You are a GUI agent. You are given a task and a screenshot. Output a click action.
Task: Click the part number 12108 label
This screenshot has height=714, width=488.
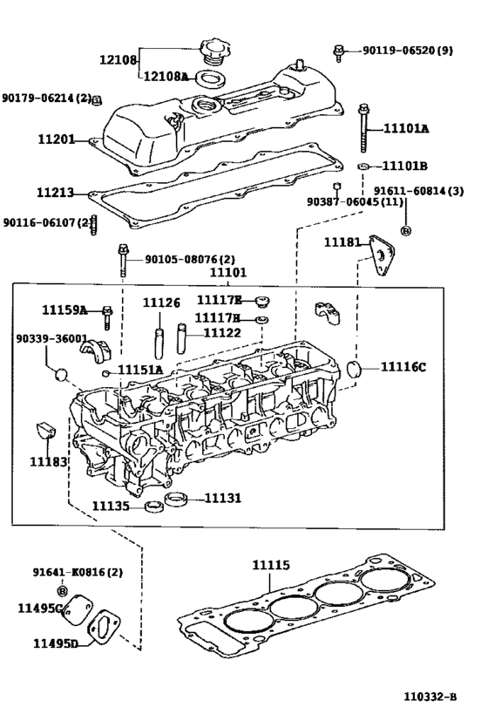coord(119,60)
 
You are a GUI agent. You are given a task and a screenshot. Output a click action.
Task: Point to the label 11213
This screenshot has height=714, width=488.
coord(56,193)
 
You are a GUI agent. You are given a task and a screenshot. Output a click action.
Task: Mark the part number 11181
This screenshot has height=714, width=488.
coord(342,241)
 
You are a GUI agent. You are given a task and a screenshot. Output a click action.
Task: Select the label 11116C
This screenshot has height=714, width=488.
coord(403,366)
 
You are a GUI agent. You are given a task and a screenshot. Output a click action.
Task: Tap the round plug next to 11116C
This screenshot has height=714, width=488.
coord(356,369)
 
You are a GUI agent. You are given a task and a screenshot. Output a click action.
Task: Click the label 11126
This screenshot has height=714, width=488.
coord(161,303)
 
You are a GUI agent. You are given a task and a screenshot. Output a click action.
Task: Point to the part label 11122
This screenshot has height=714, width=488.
coord(222,332)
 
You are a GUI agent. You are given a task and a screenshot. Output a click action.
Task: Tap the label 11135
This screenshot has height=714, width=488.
coord(111,506)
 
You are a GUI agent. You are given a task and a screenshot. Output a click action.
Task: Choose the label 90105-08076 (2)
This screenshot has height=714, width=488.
coord(190,259)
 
